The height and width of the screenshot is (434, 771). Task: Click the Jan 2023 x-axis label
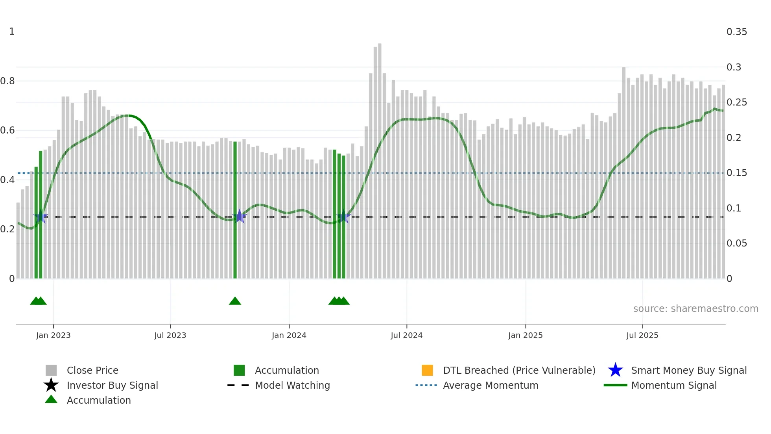53,335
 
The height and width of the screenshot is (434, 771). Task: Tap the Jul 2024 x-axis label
406,335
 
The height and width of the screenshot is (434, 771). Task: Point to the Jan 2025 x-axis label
525,335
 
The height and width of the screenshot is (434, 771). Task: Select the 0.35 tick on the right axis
736,32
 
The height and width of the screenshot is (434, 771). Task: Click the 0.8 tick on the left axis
8,81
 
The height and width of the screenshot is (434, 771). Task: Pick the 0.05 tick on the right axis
736,243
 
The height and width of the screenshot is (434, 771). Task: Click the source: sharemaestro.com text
695,309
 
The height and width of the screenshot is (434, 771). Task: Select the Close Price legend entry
92,370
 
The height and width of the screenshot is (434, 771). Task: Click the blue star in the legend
615,370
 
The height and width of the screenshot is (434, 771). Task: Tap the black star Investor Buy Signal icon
51,385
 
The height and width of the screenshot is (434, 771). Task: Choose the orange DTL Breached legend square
427,370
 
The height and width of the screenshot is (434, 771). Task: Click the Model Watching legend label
292,385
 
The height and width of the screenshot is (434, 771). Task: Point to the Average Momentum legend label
491,385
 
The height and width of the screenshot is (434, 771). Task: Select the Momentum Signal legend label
674,385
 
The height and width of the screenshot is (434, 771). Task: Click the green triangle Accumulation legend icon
51,399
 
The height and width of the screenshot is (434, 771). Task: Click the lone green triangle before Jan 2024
235,301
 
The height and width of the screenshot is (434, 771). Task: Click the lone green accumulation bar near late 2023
235,209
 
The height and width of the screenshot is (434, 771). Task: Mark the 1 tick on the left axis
12,32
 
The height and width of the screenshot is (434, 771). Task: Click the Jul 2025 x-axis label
642,335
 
